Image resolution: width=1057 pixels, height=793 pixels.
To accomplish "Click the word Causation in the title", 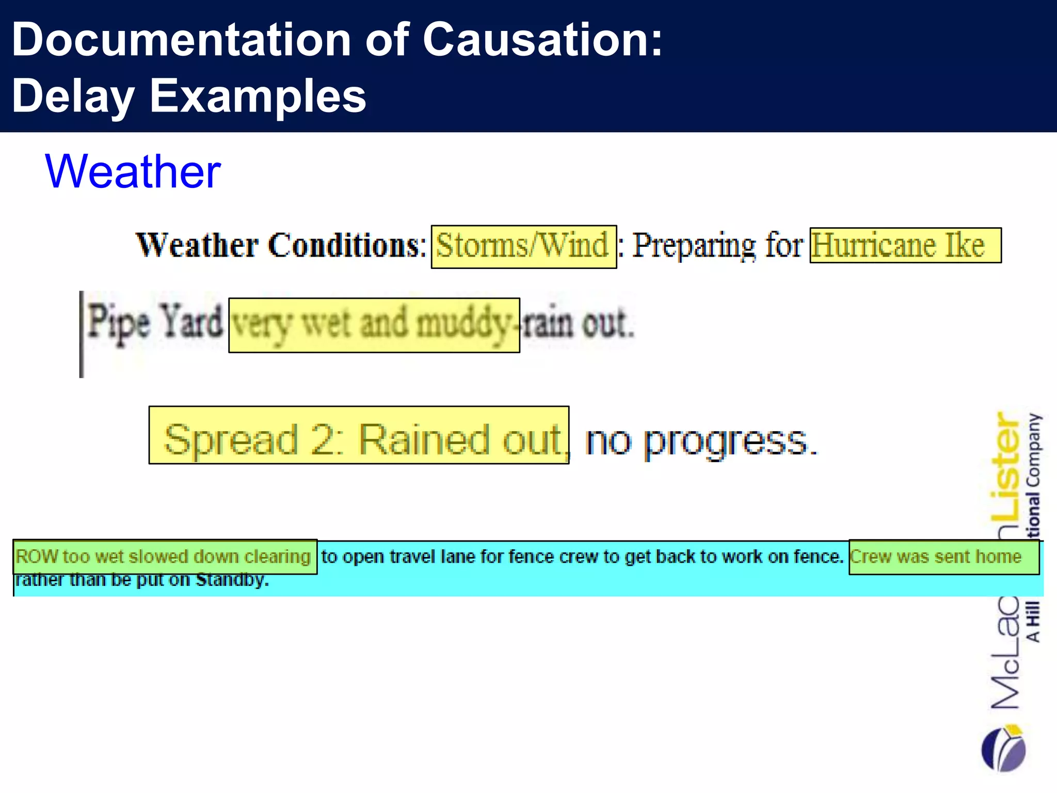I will point(542,40).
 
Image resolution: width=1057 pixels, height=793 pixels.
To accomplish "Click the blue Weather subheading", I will point(133,171).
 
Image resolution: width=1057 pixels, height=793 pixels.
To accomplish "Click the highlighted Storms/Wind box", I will point(523,246).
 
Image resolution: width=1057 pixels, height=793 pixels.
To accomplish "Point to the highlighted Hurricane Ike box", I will point(905,245).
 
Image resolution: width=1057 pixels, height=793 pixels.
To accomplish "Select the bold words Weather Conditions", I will point(280,245).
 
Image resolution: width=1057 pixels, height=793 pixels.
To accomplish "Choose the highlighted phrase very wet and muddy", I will point(374,325).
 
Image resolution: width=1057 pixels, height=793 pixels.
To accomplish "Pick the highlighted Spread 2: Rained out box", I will point(359,435).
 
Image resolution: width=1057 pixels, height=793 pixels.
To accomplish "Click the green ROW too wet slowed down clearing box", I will point(165,557).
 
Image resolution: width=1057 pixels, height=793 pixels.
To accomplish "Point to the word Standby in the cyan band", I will point(232,580).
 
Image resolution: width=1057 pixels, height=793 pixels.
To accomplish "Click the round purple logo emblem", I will point(1003,749).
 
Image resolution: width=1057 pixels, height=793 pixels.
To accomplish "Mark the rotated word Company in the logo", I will point(1034,449).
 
